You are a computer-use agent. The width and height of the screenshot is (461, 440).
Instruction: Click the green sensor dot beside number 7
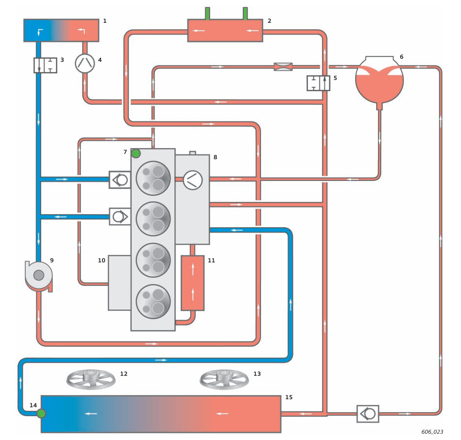point(136,153)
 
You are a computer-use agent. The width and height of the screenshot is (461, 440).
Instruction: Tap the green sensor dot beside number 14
point(41,413)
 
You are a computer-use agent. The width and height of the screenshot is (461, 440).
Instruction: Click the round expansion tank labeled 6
point(379,80)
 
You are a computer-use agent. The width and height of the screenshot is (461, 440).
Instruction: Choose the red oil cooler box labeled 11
point(192,283)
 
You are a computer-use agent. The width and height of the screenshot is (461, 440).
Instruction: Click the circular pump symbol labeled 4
point(85,63)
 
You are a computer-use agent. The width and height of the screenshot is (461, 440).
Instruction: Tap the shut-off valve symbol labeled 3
point(45,65)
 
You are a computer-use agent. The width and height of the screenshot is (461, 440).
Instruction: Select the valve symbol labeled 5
point(319,83)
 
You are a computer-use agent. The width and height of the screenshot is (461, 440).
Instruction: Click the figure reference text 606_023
point(432,432)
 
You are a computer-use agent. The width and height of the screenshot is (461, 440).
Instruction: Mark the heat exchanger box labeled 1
point(61,30)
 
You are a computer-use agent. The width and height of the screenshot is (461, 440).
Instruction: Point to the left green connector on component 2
point(207,13)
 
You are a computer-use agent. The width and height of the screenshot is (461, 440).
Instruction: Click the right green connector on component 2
point(245,13)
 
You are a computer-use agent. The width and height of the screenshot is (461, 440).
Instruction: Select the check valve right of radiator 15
point(368,414)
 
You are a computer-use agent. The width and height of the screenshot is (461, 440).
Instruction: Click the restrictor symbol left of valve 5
point(283,67)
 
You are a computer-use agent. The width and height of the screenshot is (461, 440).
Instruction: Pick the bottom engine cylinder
point(154,302)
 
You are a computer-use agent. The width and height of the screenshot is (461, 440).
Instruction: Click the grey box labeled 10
point(119,283)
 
